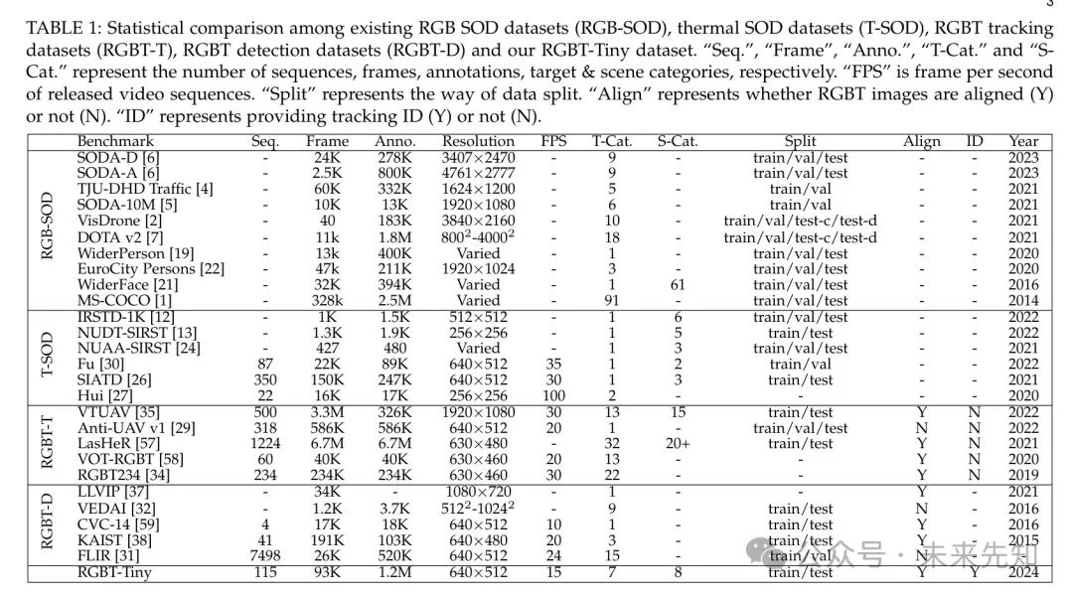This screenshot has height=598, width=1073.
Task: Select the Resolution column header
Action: coord(478,142)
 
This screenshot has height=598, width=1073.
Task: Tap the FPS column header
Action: coord(553,142)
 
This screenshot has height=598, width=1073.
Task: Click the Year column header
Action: coord(1023,142)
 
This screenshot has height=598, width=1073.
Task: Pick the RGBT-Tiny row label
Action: coord(118,572)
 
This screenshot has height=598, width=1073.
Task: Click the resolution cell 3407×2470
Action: coord(478,157)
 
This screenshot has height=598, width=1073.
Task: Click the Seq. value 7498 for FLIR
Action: coord(265,556)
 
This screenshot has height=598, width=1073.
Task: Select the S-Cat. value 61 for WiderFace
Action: coord(678,284)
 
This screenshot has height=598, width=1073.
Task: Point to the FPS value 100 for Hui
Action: coord(553,395)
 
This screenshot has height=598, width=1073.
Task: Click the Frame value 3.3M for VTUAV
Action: coord(328,412)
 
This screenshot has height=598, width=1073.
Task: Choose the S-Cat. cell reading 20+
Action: coord(678,443)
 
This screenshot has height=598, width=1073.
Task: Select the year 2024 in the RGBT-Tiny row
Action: coord(1023,572)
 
